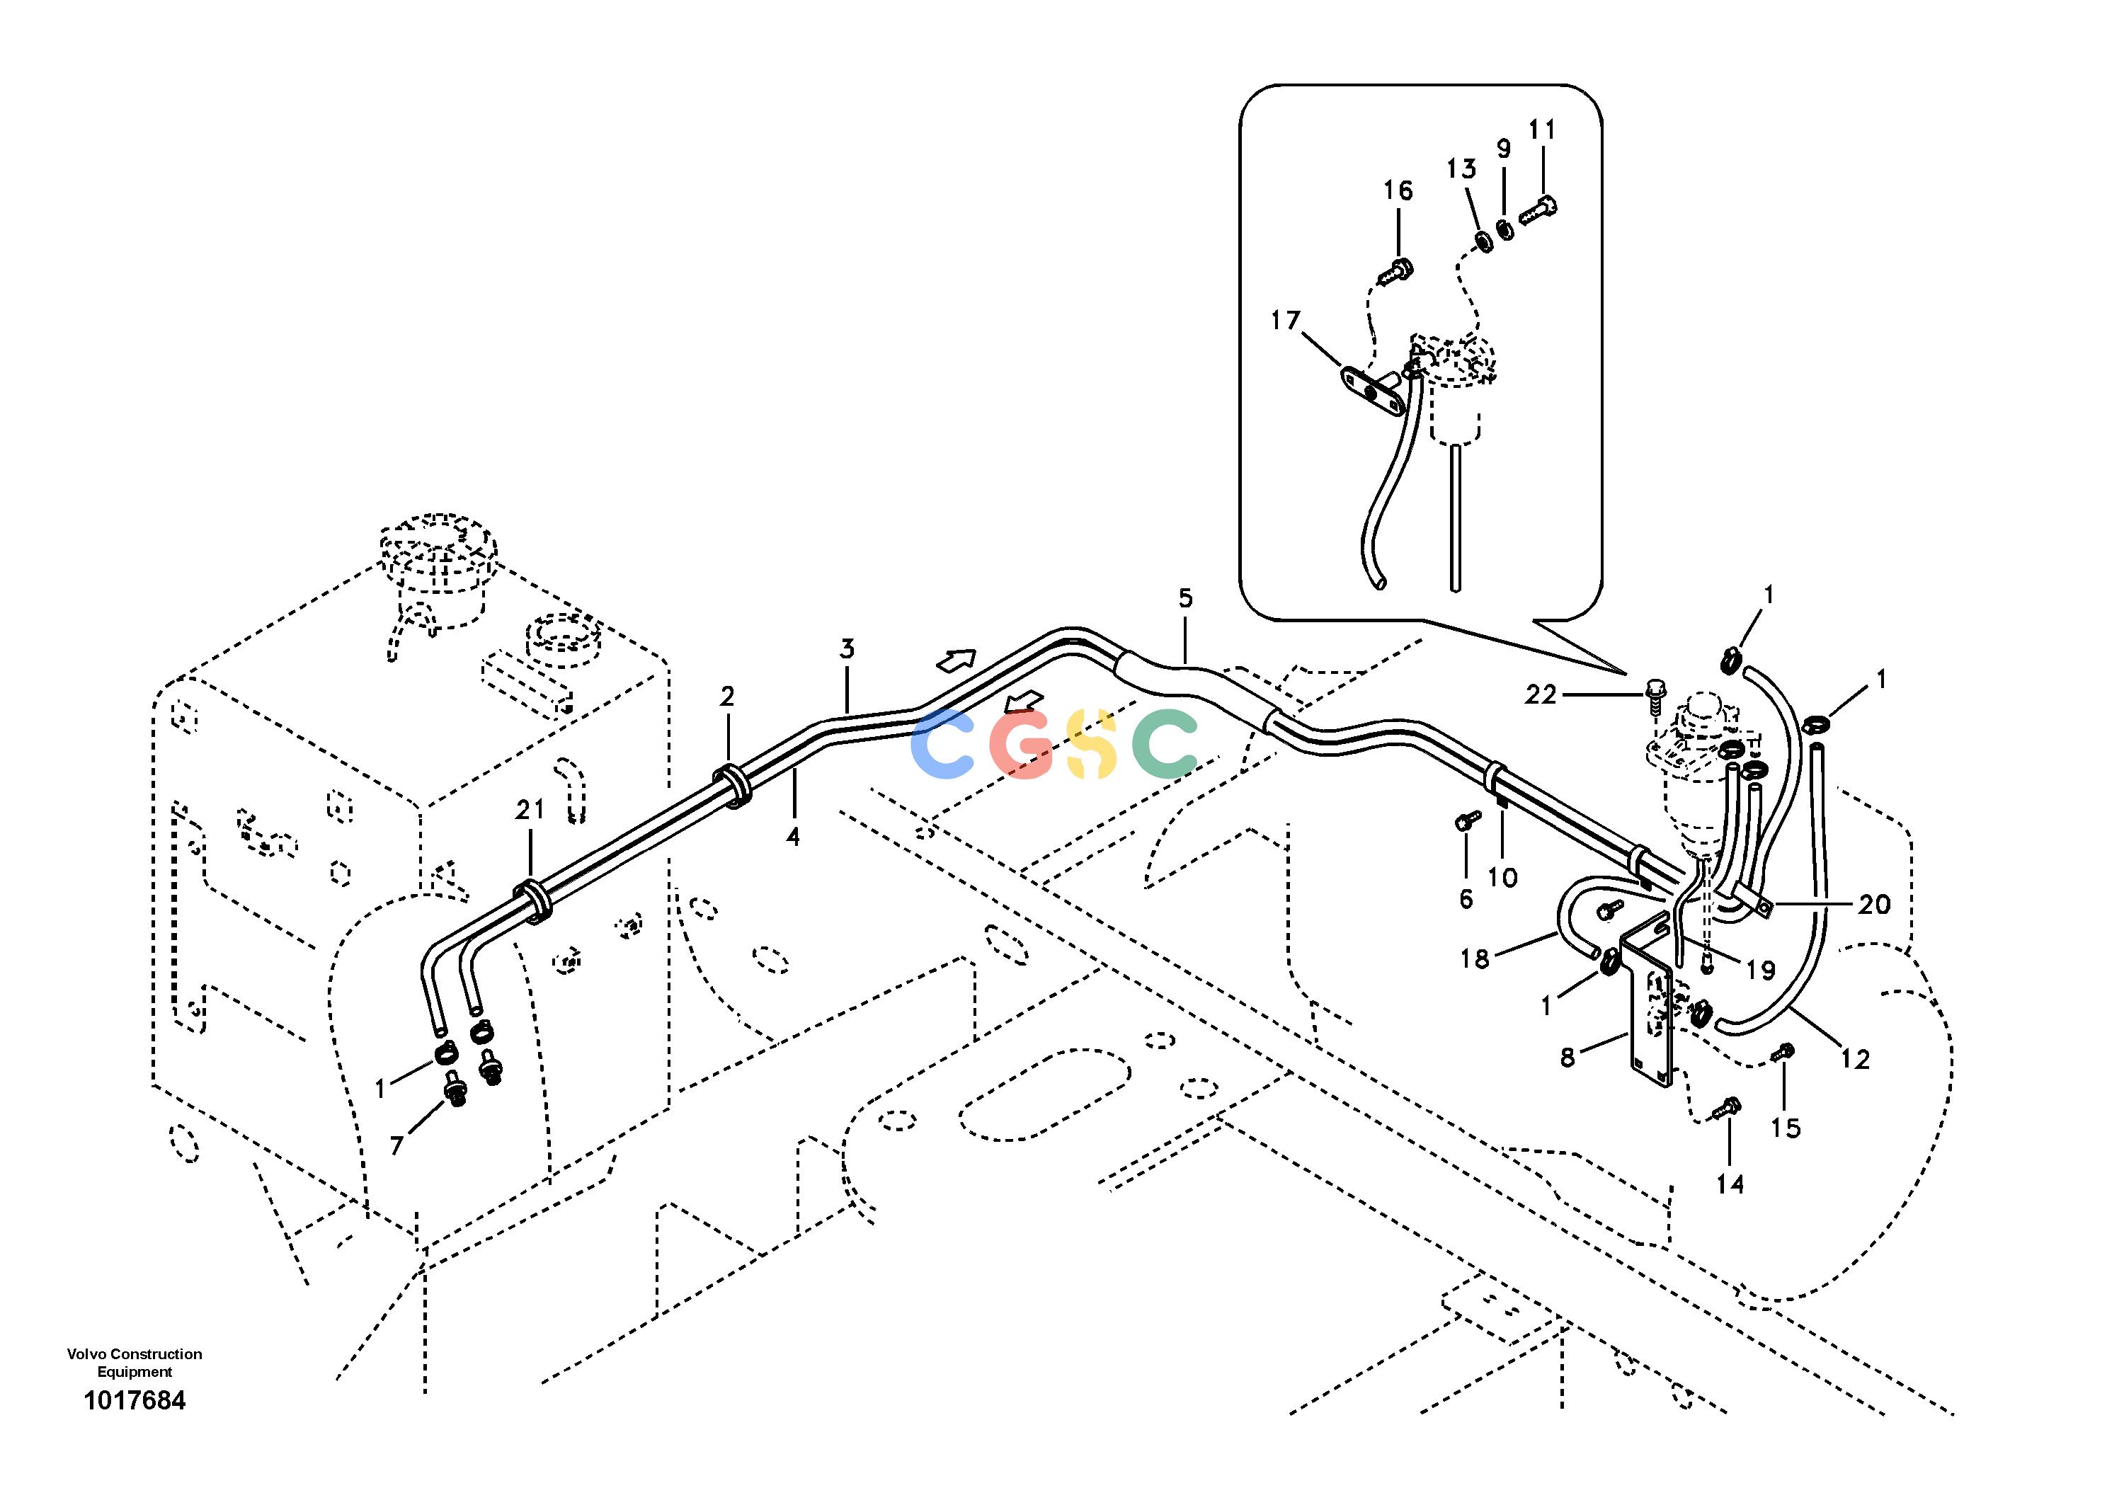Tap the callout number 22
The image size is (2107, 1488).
coord(1541,695)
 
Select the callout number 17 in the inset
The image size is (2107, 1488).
coord(1286,320)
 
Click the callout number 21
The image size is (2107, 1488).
coord(530,809)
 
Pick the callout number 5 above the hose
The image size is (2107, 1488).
coord(1186,598)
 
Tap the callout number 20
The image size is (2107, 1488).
coord(1874,905)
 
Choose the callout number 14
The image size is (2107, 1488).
coord(1730,1184)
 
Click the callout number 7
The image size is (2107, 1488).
coord(396,1145)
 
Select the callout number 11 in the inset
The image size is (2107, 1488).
coord(1543,130)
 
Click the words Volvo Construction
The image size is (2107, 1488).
coord(134,1354)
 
